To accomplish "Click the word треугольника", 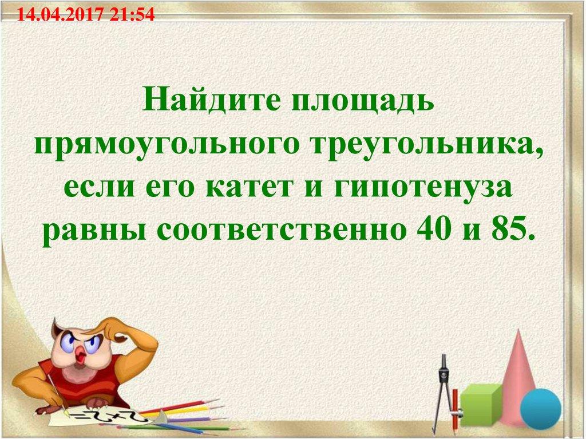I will point(421,148).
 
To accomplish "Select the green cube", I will point(480,404).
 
